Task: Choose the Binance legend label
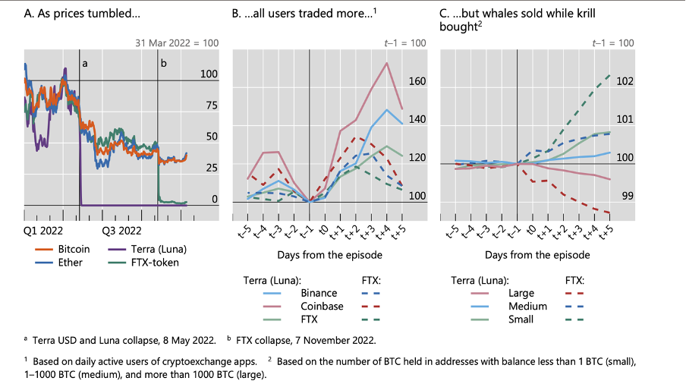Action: pyautogui.click(x=319, y=292)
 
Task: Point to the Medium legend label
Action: pyautogui.click(x=528, y=306)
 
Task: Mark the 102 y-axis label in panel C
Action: pyautogui.click(x=625, y=81)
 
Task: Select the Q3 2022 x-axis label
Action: pyautogui.click(x=122, y=228)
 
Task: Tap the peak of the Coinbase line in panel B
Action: pyautogui.click(x=388, y=63)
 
